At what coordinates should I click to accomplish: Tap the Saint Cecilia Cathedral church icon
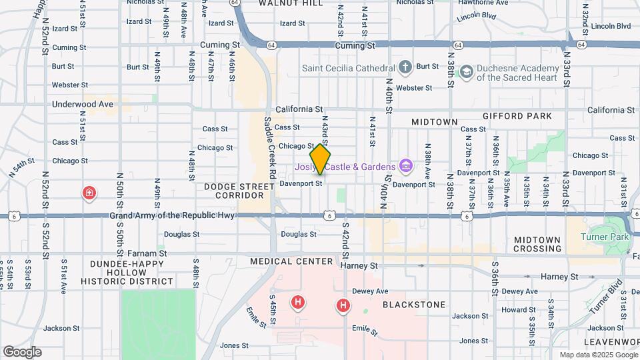[x=405, y=67]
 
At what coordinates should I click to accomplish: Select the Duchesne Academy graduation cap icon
[x=467, y=71]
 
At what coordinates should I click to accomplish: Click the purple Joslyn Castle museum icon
[x=405, y=165]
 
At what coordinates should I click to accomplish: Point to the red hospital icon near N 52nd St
[x=88, y=193]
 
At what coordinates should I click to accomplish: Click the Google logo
[x=22, y=351]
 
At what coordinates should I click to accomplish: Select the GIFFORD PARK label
[x=519, y=116]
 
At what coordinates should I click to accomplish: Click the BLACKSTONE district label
[x=414, y=305]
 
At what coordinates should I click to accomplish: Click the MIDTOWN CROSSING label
[x=537, y=244]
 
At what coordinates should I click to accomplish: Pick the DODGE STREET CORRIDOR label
[x=234, y=191]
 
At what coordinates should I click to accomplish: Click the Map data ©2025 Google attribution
[x=597, y=355]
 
